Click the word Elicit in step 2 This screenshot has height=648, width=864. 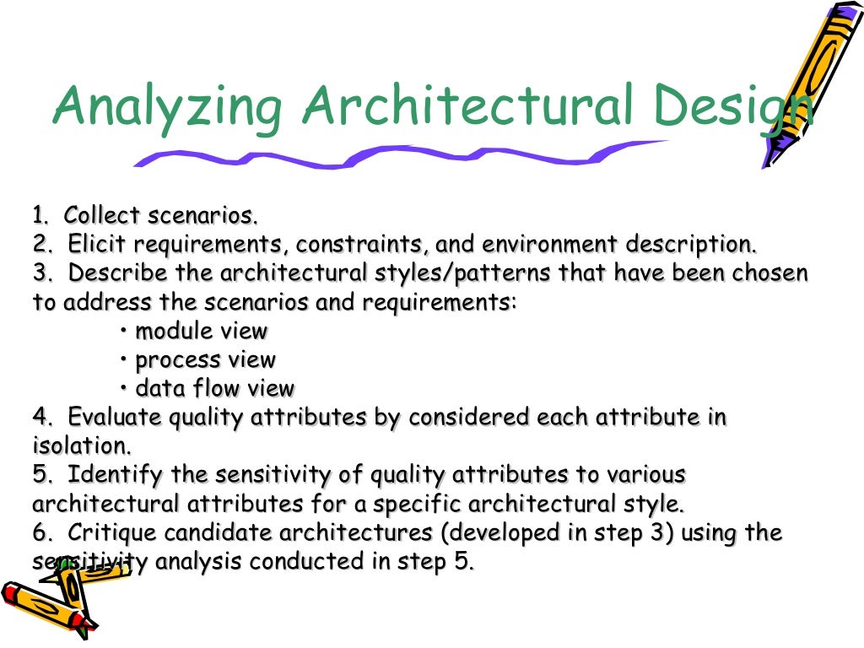click(97, 245)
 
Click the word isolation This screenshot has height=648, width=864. click(82, 445)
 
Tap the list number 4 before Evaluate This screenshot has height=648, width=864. click(40, 418)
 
